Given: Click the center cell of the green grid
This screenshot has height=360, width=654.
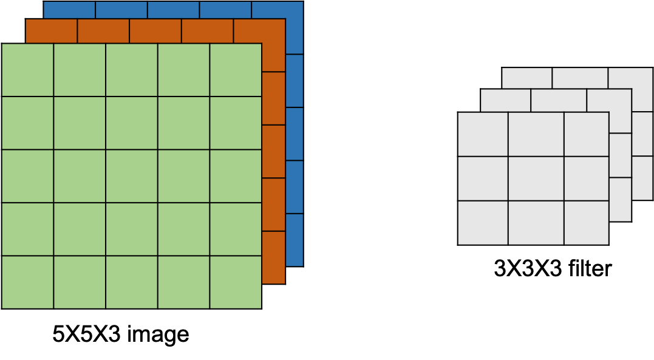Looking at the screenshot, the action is pyautogui.click(x=131, y=175).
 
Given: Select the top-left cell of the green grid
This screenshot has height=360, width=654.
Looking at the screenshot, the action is pyautogui.click(x=27, y=70).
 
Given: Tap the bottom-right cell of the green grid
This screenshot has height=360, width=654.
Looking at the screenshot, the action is pyautogui.click(x=236, y=282).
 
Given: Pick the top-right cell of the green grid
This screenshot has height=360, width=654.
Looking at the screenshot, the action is pyautogui.click(x=236, y=70).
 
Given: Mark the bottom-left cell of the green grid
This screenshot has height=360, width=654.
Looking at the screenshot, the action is pyautogui.click(x=27, y=282).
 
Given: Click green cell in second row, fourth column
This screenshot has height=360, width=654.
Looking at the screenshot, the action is pyautogui.click(x=183, y=123).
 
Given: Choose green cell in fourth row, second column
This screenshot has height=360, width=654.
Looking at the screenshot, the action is pyautogui.click(x=80, y=229).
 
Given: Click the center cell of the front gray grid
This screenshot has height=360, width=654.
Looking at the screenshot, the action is pyautogui.click(x=536, y=178).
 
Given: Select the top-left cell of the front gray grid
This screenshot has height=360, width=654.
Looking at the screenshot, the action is pyautogui.click(x=483, y=134).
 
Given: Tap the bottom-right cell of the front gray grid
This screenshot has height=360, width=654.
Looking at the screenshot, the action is pyautogui.click(x=586, y=223).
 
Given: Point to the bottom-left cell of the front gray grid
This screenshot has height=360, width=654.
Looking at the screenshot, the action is pyautogui.click(x=483, y=223).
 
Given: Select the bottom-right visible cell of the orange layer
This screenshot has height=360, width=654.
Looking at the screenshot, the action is pyautogui.click(x=273, y=257).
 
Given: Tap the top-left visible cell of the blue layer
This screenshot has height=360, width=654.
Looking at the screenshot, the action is pyautogui.click(x=69, y=10).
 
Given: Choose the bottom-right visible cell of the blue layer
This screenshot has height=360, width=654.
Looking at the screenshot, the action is pyautogui.click(x=294, y=239).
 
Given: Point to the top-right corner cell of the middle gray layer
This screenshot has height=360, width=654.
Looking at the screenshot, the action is pyautogui.click(x=609, y=100).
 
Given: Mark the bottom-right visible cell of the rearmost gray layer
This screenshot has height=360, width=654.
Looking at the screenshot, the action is pyautogui.click(x=642, y=178).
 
